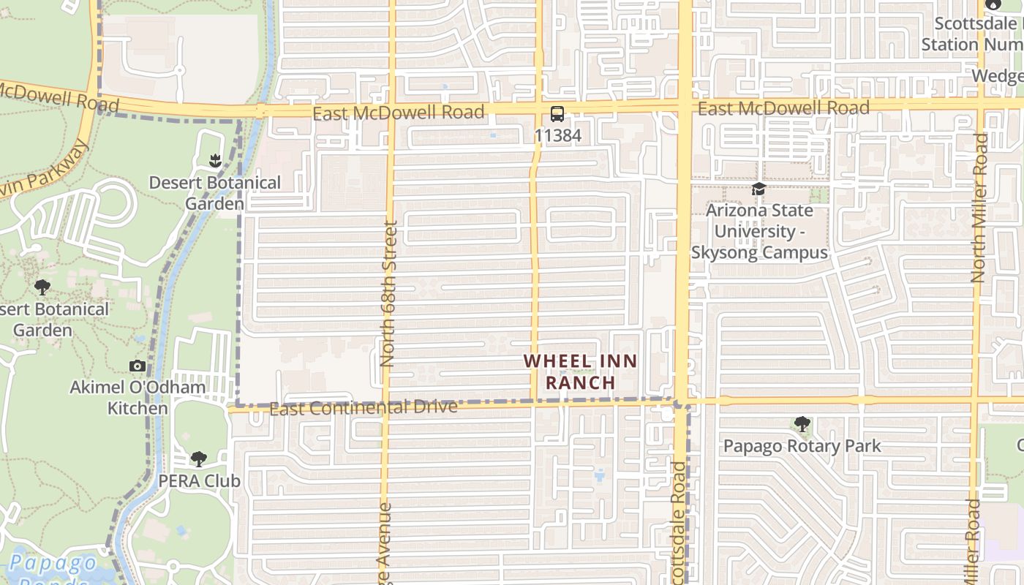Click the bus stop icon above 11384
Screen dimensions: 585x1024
tap(557, 114)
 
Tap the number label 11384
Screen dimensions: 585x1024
tap(557, 135)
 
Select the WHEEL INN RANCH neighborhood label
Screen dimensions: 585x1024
tap(581, 371)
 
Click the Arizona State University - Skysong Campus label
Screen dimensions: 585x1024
tap(759, 231)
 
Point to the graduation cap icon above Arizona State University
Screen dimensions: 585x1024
tap(759, 189)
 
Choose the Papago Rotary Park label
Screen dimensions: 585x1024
tap(802, 446)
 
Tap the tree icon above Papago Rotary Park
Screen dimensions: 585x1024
tap(802, 424)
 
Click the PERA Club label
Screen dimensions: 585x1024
tap(199, 481)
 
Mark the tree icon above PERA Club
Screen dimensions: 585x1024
tap(198, 459)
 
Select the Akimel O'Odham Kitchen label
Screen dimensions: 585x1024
tap(138, 397)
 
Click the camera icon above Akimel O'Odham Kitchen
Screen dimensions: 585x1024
tap(137, 366)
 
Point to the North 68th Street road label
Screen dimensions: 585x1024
tap(389, 294)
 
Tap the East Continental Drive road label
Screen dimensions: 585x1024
tap(364, 407)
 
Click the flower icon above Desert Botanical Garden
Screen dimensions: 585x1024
tap(215, 160)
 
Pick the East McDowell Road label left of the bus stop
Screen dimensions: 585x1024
tap(399, 113)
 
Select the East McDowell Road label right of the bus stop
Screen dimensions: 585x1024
tap(783, 108)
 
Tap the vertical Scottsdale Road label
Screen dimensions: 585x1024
tap(678, 523)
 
